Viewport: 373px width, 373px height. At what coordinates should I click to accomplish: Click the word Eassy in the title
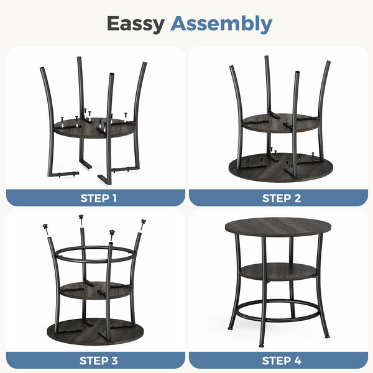(136, 24)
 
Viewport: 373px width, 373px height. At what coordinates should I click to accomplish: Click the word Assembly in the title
(221, 24)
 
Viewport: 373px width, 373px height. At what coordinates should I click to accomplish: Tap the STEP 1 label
(98, 198)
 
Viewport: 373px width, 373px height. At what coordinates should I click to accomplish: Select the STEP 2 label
(282, 198)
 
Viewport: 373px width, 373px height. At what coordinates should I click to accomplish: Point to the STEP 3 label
(98, 361)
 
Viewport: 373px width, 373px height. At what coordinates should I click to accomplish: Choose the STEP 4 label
(282, 361)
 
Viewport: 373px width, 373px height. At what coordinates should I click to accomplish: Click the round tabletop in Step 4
(278, 227)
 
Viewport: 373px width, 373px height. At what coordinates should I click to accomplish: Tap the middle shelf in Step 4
(279, 272)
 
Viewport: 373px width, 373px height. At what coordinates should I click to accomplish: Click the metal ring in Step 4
(279, 320)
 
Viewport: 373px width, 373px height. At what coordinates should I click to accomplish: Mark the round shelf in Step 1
(94, 133)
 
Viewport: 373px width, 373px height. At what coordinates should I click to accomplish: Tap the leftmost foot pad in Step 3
(45, 226)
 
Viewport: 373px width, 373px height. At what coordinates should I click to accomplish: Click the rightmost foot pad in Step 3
(143, 222)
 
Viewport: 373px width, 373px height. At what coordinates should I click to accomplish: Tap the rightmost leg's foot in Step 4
(328, 336)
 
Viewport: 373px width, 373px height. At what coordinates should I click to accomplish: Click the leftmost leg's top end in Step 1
(42, 69)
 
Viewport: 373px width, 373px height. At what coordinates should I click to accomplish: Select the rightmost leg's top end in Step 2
(328, 62)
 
